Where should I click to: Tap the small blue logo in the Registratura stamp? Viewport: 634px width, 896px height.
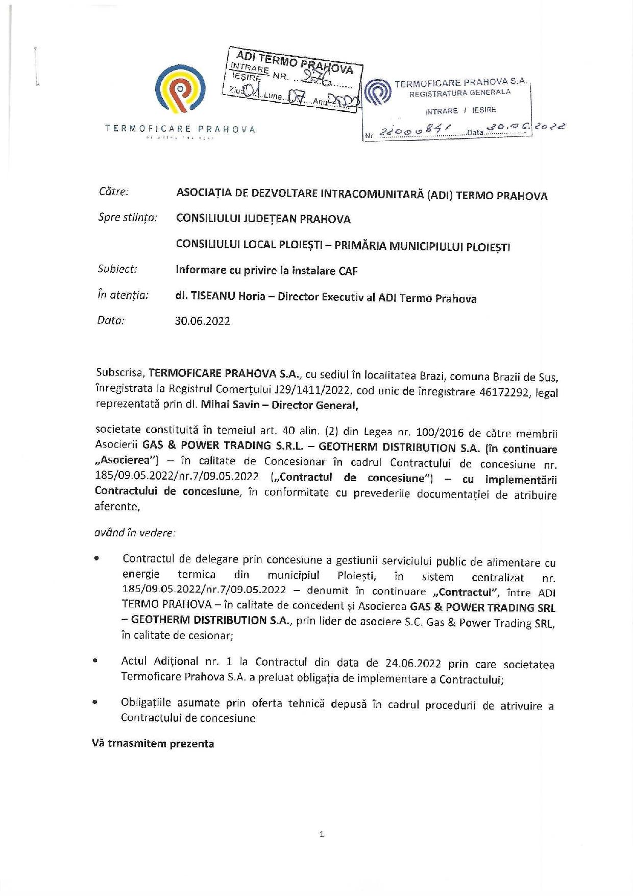[x=378, y=92]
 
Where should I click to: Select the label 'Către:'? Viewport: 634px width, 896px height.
[x=113, y=192]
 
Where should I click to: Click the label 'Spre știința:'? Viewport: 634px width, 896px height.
[x=127, y=218]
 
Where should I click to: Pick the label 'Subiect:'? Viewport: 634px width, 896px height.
[x=117, y=269]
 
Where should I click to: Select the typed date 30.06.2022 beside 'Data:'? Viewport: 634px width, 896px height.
[x=203, y=321]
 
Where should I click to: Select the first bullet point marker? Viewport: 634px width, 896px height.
[x=96, y=559]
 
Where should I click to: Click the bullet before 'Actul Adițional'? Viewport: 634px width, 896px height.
[x=95, y=661]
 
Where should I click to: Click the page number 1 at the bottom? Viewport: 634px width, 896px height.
[x=321, y=834]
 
